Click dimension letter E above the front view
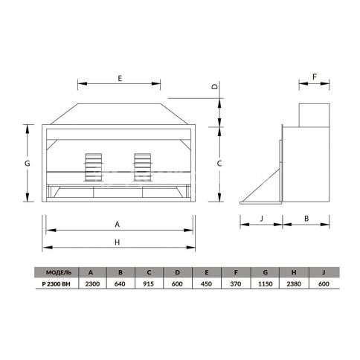point(120,78)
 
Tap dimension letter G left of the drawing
point(28,164)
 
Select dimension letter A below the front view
point(118,225)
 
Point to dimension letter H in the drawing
point(118,242)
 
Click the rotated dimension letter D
point(215,86)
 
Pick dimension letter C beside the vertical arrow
point(219,164)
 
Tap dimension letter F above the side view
point(315,77)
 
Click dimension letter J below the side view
point(261,219)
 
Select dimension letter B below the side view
point(306,219)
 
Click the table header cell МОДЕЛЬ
point(59,272)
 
